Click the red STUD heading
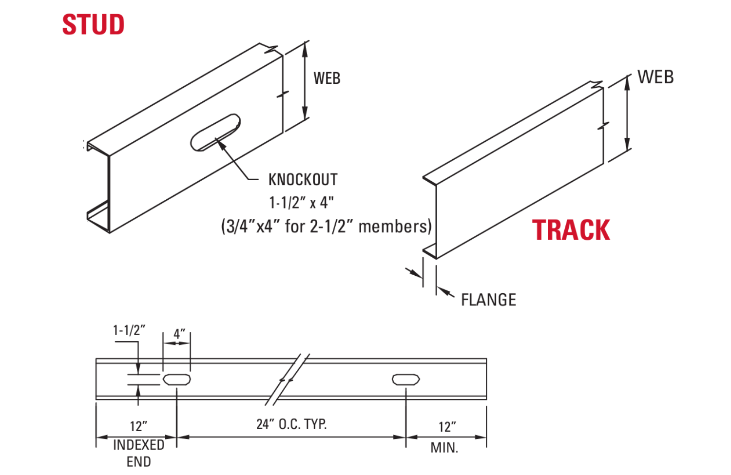pyautogui.click(x=93, y=24)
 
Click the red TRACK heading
pyautogui.click(x=571, y=230)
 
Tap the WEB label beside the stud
pyautogui.click(x=327, y=78)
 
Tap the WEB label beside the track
pyautogui.click(x=655, y=77)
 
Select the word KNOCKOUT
pyautogui.click(x=303, y=180)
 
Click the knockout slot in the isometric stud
pyautogui.click(x=215, y=133)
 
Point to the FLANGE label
pyautogui.click(x=488, y=300)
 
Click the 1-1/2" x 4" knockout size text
pyautogui.click(x=301, y=202)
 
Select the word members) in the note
pyautogui.click(x=395, y=227)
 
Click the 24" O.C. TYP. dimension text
pyautogui.click(x=291, y=424)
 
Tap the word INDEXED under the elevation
pyautogui.click(x=138, y=445)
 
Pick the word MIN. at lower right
pyautogui.click(x=444, y=448)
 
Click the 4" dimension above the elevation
pyautogui.click(x=179, y=334)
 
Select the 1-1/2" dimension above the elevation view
pyautogui.click(x=129, y=330)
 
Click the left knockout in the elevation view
pyautogui.click(x=176, y=379)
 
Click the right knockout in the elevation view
pyautogui.click(x=405, y=379)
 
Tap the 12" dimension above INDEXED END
pyautogui.click(x=138, y=426)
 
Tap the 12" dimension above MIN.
pyautogui.click(x=447, y=427)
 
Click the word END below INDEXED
pyautogui.click(x=138, y=461)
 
